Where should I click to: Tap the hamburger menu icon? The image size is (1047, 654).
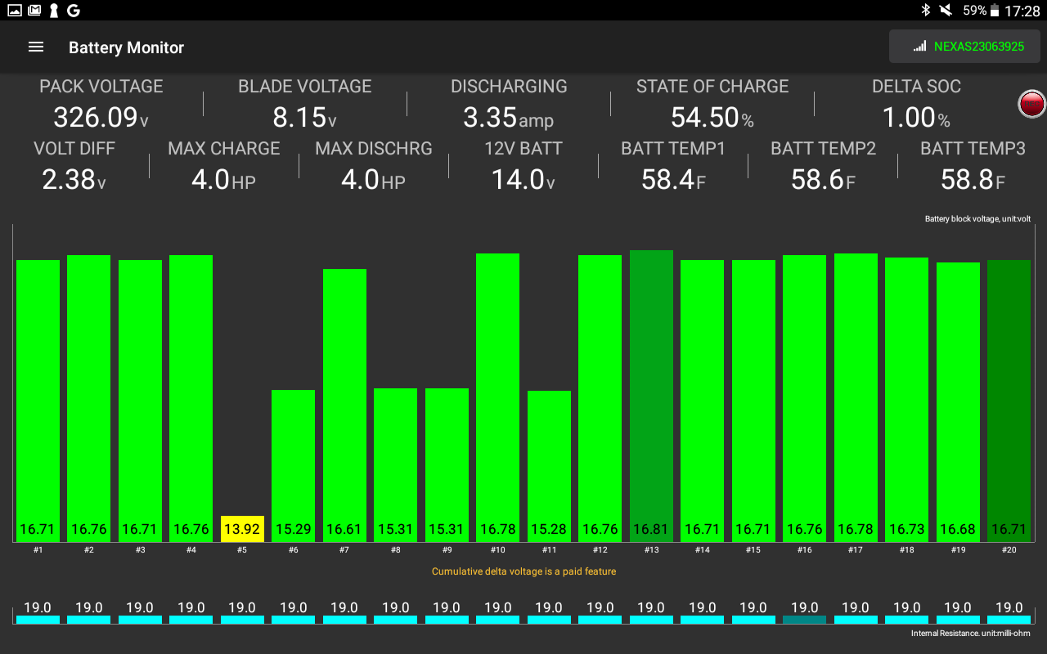tap(36, 47)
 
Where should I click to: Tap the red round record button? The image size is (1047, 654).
tap(1031, 104)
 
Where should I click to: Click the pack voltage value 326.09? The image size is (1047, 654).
tap(96, 118)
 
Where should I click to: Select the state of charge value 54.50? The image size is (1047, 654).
tap(704, 118)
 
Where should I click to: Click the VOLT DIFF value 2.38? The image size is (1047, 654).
tap(69, 180)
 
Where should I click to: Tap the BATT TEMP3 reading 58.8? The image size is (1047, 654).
tap(966, 180)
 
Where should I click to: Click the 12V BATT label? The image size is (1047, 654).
tap(523, 149)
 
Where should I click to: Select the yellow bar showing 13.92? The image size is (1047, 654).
tap(242, 529)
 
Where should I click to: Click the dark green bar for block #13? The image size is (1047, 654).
tap(651, 392)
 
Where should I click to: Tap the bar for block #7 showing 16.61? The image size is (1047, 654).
tap(344, 401)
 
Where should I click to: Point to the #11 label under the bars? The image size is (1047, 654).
tap(549, 550)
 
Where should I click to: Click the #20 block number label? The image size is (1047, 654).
tap(1009, 550)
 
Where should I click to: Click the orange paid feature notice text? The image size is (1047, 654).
tap(523, 571)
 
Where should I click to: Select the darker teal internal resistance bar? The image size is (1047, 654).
tap(804, 620)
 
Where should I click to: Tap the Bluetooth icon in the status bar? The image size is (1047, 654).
tap(926, 10)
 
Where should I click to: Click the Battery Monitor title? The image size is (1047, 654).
tap(126, 47)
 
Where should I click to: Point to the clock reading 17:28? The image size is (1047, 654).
tap(1022, 11)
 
